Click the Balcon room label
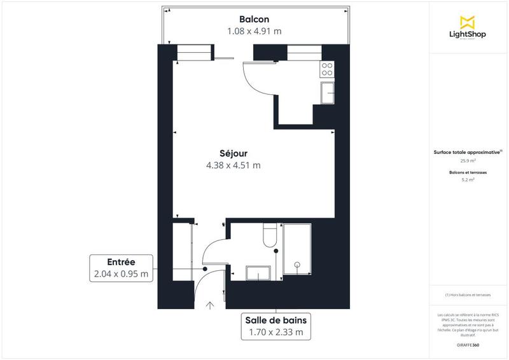click(x=254, y=18)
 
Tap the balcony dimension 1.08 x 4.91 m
click(x=254, y=31)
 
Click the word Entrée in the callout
click(x=121, y=262)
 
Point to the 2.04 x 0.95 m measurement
click(x=121, y=274)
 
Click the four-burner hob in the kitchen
click(x=328, y=69)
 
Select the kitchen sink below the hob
click(x=328, y=92)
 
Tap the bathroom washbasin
click(x=258, y=272)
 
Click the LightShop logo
click(x=468, y=29)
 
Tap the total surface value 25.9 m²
click(x=468, y=160)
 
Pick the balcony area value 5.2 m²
click(x=468, y=179)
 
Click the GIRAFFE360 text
click(x=468, y=344)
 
